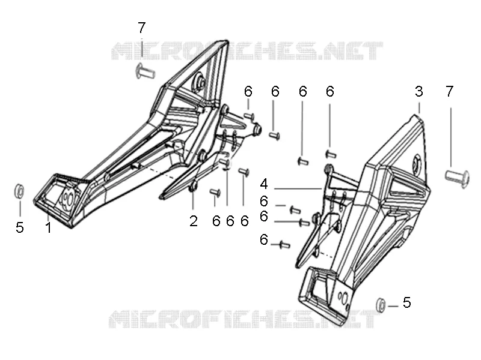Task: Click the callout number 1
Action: point(48,227)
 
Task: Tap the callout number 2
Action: point(194,221)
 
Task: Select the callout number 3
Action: point(418,91)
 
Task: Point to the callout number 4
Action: point(264,184)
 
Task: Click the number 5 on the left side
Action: point(20,227)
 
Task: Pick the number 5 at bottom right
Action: point(407,302)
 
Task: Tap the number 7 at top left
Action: point(141,28)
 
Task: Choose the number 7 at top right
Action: point(449,91)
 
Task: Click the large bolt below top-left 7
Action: point(146,71)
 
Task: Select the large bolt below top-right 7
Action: point(457,177)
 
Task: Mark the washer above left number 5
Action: point(19,191)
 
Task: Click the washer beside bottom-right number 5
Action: point(381,305)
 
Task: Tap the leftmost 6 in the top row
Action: point(248,91)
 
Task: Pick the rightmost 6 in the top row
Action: point(330,91)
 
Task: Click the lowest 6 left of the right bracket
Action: point(264,239)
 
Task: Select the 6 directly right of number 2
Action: point(216,221)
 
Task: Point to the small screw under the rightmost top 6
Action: point(331,154)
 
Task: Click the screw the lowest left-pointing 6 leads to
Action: point(284,245)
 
